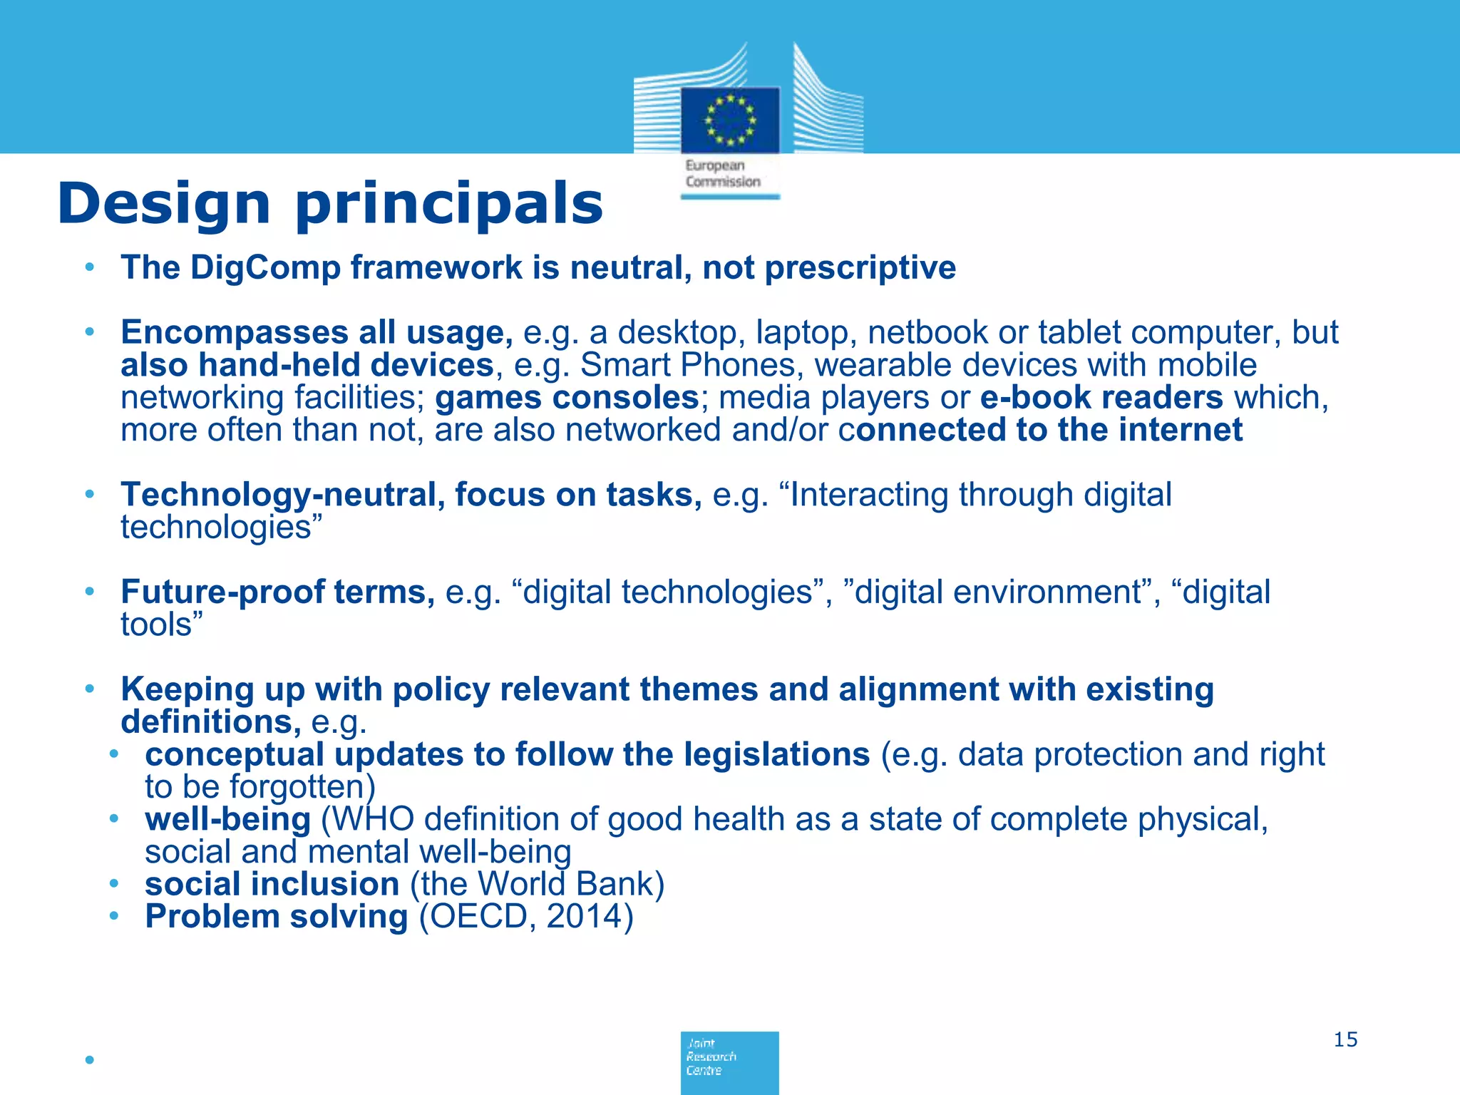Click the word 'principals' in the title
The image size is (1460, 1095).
pyautogui.click(x=449, y=205)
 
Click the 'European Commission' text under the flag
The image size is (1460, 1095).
pyautogui.click(x=722, y=174)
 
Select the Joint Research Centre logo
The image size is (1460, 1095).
pyautogui.click(x=729, y=1061)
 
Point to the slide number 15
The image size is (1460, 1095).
pyautogui.click(x=1345, y=1039)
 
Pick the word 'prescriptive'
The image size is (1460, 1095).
pyautogui.click(x=860, y=268)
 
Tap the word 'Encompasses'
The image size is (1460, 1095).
pyautogui.click(x=234, y=333)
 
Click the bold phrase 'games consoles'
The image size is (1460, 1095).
pyautogui.click(x=567, y=398)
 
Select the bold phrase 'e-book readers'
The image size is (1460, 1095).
pyautogui.click(x=1101, y=398)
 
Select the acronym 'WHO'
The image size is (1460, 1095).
pyautogui.click(x=373, y=820)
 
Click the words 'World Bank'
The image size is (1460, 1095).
pyautogui.click(x=565, y=885)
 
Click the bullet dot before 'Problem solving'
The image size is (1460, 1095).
pyautogui.click(x=113, y=917)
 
